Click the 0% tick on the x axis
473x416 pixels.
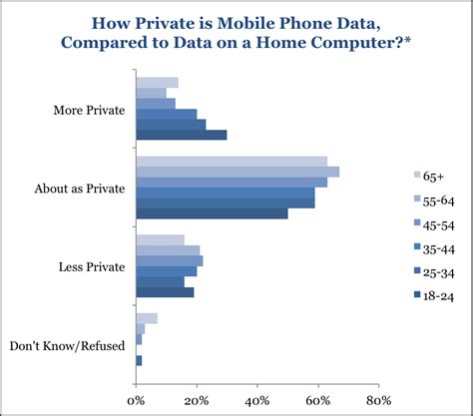click(136, 402)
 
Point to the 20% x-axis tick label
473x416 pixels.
click(197, 402)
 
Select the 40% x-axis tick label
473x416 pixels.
click(257, 402)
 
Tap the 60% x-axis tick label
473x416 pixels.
click(318, 402)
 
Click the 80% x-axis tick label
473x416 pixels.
click(379, 402)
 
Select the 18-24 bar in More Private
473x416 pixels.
click(181, 135)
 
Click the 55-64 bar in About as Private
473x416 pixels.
click(237, 172)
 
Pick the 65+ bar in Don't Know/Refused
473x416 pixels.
click(147, 318)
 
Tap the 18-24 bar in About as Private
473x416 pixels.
click(212, 213)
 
